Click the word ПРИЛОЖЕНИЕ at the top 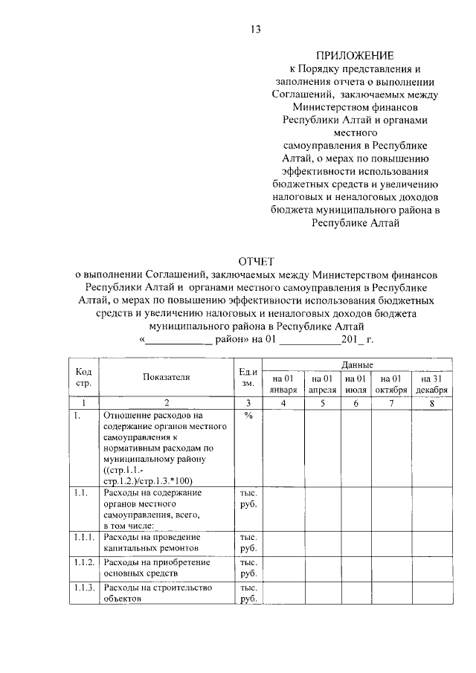tap(356, 55)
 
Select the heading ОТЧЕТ tap(256, 261)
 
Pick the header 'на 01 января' tap(283, 384)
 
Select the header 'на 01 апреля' tap(322, 384)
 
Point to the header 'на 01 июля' tap(356, 384)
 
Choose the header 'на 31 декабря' tap(431, 384)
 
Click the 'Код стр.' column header tap(84, 377)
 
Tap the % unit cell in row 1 tap(248, 416)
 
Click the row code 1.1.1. tap(85, 537)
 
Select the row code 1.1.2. tap(85, 562)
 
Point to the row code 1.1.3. tap(85, 587)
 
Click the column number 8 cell tap(431, 402)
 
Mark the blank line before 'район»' tap(178, 339)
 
